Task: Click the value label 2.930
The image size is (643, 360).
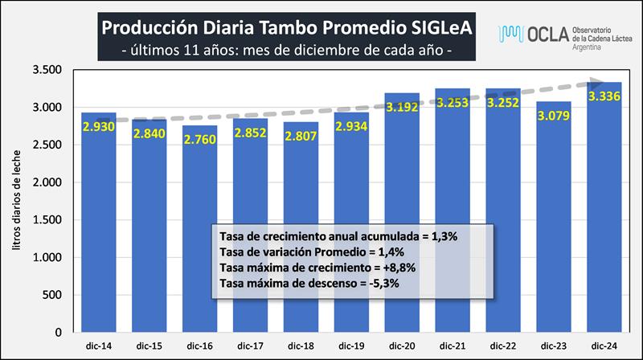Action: [x=99, y=126]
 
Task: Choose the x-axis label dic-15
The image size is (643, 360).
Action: [x=149, y=345]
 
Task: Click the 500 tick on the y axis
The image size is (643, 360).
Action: [x=51, y=294]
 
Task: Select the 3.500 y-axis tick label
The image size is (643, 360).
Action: [x=46, y=71]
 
